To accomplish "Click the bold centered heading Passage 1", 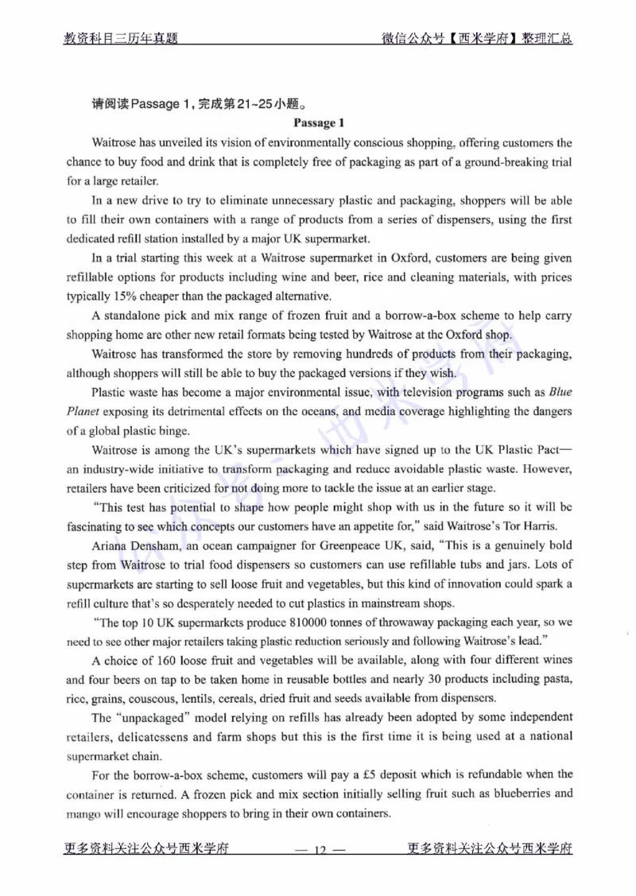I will (318, 123).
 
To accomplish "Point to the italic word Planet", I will (83, 412).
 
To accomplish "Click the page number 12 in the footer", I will (318, 850).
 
